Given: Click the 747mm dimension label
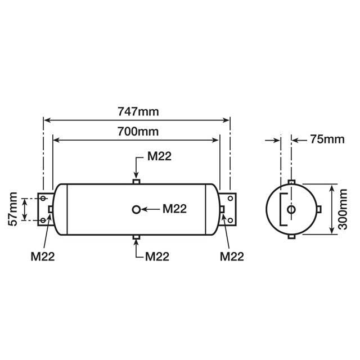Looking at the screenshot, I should pyautogui.click(x=137, y=111).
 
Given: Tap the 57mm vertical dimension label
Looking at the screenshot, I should pyautogui.click(x=13, y=209).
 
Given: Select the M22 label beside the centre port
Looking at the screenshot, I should pyautogui.click(x=174, y=209).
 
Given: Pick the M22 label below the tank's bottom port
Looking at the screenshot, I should pyautogui.click(x=157, y=256).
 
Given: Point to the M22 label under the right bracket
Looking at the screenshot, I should pyautogui.click(x=231, y=256).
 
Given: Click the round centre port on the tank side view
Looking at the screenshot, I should pyautogui.click(x=136, y=210).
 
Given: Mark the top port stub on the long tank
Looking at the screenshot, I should pyautogui.click(x=136, y=181).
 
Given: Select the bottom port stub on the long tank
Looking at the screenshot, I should pyautogui.click(x=136, y=238).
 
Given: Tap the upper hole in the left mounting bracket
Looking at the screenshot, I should pyautogui.click(x=43, y=199).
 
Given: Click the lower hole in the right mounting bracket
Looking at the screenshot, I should pyautogui.click(x=230, y=220).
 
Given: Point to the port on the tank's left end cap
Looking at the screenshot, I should pyautogui.click(x=51, y=210).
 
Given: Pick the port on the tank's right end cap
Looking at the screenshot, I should pyautogui.click(x=222, y=210).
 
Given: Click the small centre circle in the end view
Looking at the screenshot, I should pyautogui.click(x=291, y=210).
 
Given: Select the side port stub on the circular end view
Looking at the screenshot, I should pyautogui.click(x=319, y=210).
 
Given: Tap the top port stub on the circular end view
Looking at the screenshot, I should pyautogui.click(x=291, y=181).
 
